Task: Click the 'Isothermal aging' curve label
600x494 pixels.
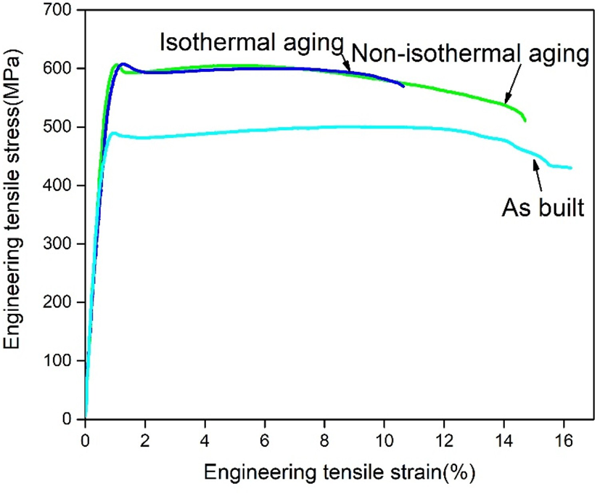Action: point(251,41)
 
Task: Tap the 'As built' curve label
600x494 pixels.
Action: point(543,208)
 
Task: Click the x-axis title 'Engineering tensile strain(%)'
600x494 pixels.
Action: point(340,474)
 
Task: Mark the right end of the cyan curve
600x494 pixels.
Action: point(571,168)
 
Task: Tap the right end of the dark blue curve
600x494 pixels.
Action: point(403,86)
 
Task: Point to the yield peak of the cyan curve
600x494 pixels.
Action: point(114,133)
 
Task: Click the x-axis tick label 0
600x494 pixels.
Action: point(86,440)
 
